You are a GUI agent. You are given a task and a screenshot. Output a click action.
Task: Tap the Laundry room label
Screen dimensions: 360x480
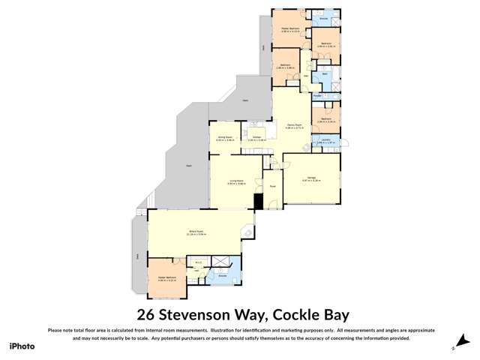pos(324,139)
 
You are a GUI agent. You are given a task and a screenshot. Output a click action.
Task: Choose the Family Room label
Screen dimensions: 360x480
pos(294,124)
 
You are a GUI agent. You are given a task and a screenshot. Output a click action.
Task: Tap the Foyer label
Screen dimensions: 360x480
pos(273,186)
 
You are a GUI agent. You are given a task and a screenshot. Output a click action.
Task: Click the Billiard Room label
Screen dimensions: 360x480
pos(196,233)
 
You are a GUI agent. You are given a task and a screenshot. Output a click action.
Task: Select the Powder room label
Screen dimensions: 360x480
pos(317,96)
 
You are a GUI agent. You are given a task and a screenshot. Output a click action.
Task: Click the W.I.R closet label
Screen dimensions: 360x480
pos(199,262)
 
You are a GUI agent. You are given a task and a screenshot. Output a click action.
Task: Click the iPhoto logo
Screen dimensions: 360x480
pos(22,346)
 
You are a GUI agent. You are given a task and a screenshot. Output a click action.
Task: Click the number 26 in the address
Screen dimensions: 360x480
pos(146,314)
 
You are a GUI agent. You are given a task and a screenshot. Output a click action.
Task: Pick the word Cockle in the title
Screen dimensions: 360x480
pos(297,314)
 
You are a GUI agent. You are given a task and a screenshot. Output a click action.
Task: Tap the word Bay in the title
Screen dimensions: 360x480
pos(336,314)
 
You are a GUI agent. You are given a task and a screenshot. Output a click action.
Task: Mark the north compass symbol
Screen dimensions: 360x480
pos(454,347)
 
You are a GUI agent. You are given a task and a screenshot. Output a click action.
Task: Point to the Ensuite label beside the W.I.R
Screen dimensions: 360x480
pos(222,275)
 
